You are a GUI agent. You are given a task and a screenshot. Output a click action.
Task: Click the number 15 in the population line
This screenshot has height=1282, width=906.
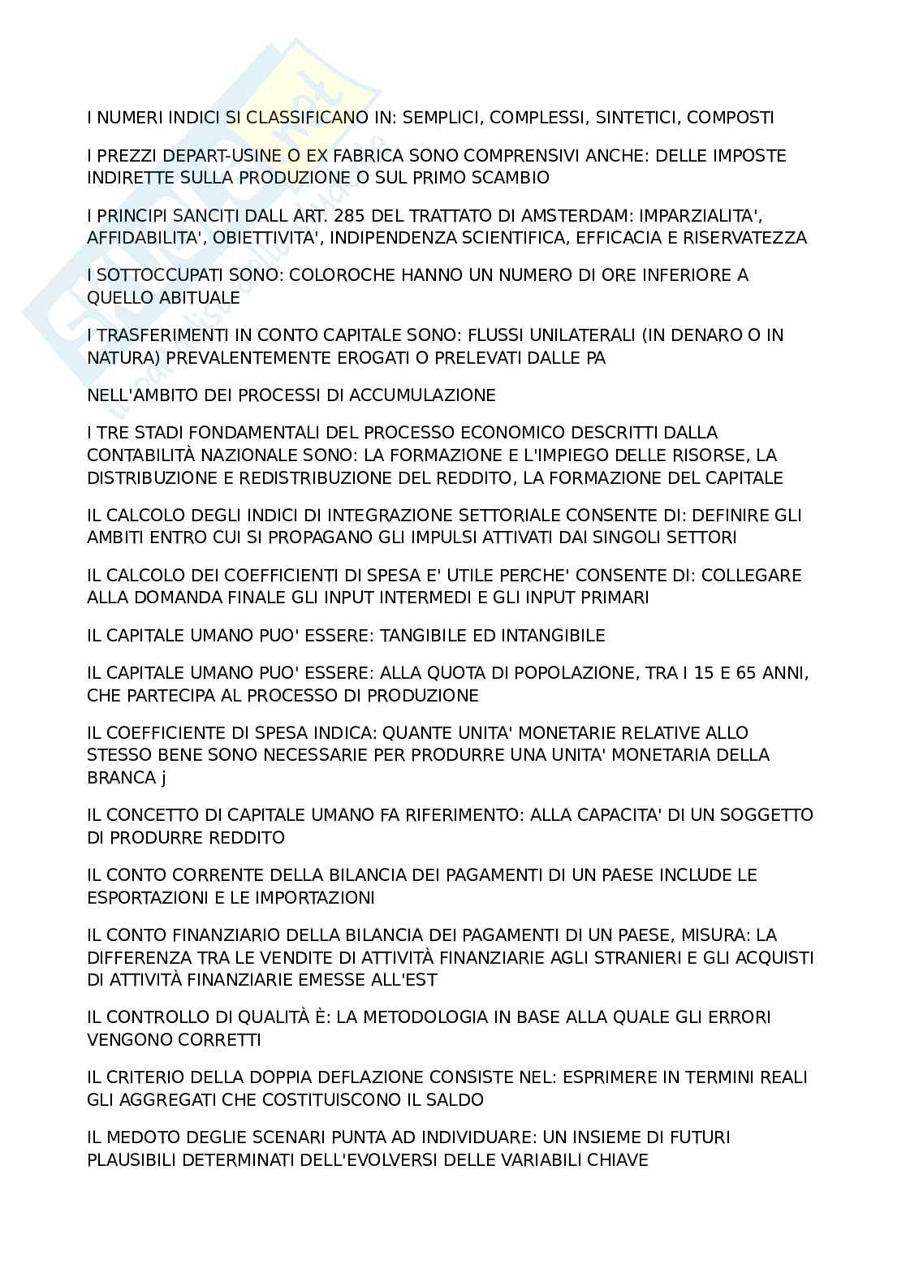(x=693, y=673)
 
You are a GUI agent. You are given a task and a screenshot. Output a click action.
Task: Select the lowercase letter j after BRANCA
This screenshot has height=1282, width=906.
(x=163, y=778)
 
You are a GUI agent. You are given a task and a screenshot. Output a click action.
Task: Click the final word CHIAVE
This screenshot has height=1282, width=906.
(x=621, y=1160)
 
